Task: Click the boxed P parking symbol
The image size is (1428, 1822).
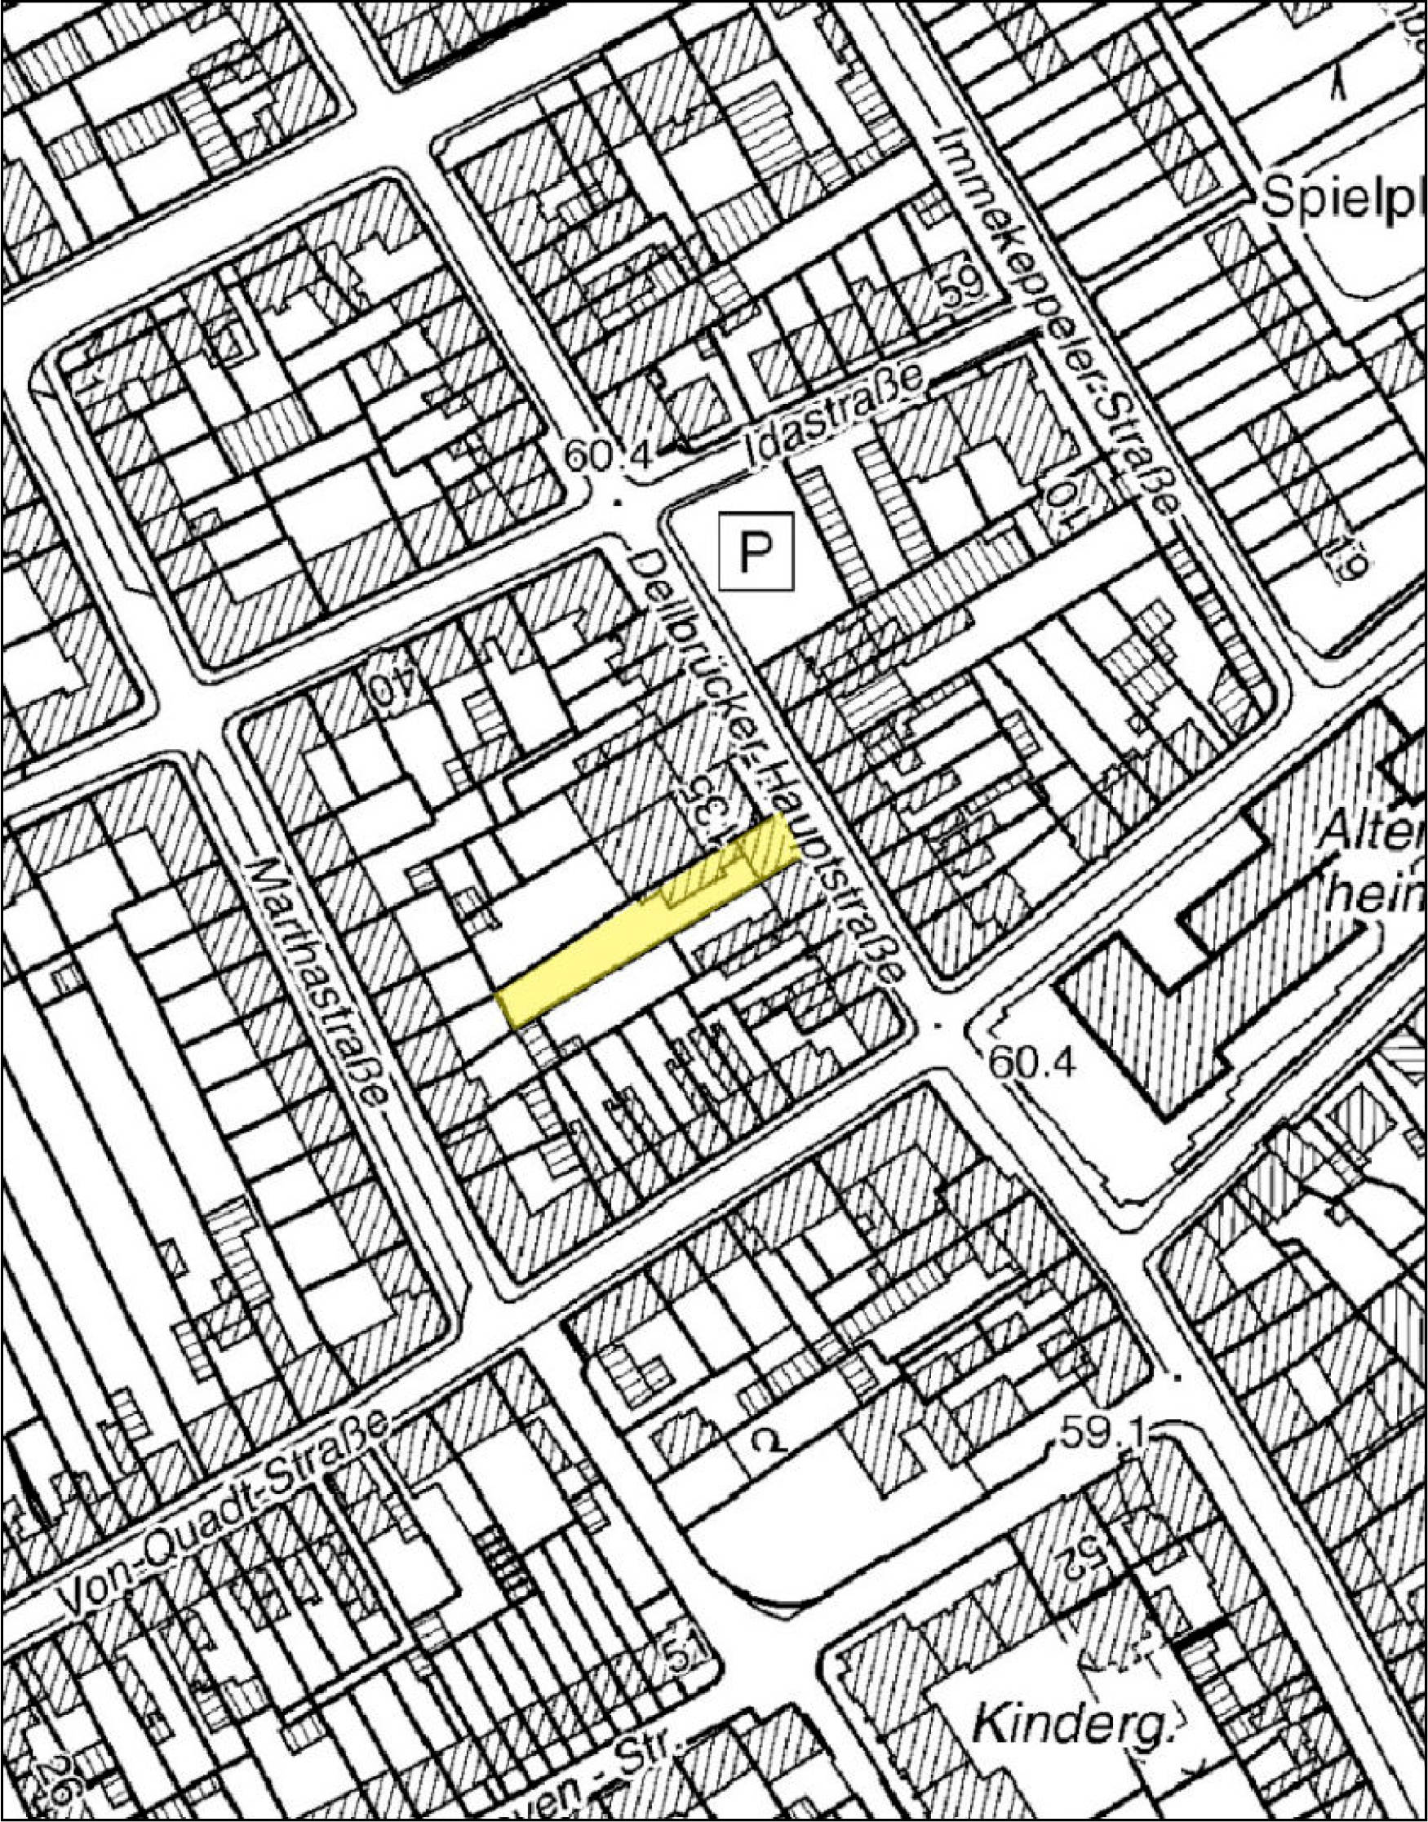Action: [x=755, y=551]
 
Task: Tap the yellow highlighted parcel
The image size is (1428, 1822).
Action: [x=647, y=920]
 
